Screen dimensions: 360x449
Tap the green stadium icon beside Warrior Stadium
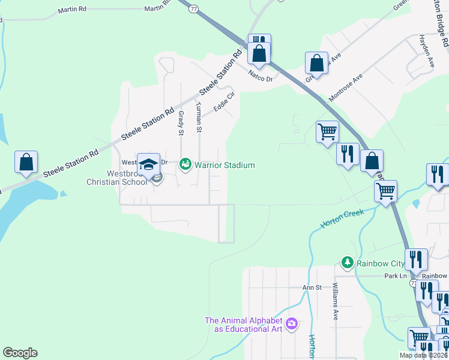185,164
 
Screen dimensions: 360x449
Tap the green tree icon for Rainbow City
347,263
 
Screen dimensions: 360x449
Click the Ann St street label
312,288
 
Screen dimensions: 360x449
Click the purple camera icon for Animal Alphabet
292,324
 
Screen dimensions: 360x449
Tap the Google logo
20,353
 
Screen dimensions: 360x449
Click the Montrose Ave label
345,89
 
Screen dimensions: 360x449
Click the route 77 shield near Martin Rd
193,9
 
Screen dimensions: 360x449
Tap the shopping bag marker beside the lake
26,163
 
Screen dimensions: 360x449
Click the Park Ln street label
396,276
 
